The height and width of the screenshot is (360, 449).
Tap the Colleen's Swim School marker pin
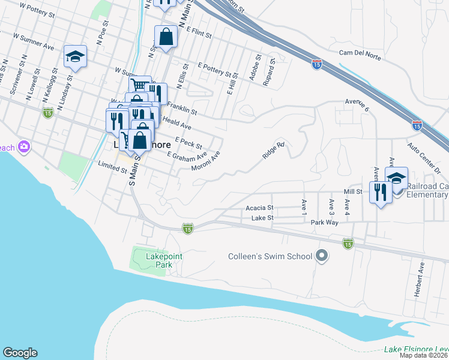pos(322,256)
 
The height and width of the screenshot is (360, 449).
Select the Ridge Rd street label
pos(273,150)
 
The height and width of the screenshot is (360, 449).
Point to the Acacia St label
pos(259,208)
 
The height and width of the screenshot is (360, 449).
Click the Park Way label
pos(325,222)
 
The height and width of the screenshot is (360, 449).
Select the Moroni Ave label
pos(206,160)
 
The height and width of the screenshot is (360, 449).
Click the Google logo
pos(20,353)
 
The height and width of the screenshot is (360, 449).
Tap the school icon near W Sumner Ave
pos(76,56)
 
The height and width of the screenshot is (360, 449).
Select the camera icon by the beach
pos(24,146)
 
